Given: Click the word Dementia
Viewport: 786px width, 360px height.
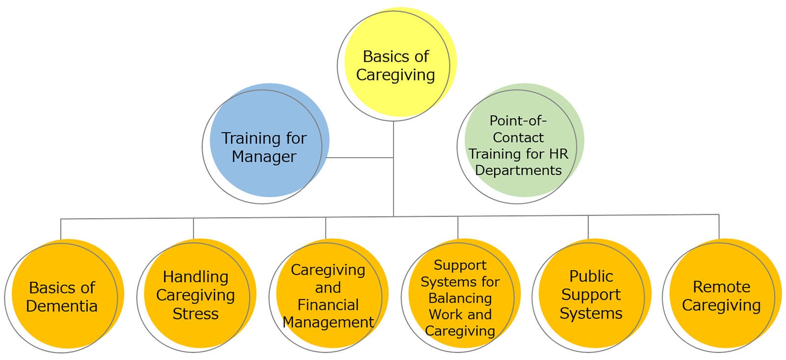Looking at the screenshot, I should [x=62, y=306].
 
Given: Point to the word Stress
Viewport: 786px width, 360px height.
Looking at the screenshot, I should [x=196, y=313].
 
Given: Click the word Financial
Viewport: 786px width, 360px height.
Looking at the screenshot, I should [x=328, y=305].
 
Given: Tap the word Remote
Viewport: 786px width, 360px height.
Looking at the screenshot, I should [x=721, y=287].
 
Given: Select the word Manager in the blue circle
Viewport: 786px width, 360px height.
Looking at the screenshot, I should [x=264, y=157].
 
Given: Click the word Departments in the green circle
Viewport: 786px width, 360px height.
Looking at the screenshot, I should [x=518, y=170].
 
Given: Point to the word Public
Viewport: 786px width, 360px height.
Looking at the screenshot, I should [x=591, y=277].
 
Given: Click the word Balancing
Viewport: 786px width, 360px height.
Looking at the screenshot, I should [x=460, y=298].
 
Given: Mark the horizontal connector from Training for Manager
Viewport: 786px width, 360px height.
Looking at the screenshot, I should [x=359, y=158].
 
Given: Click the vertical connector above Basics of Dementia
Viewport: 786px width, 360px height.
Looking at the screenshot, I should [x=61, y=228].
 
